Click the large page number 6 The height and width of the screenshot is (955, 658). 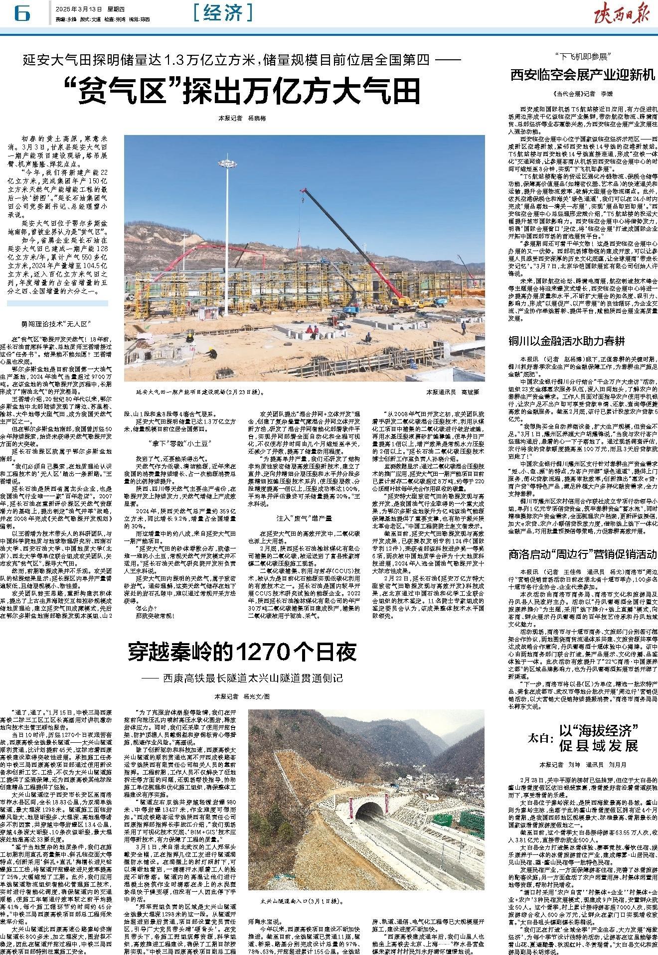click(x=22, y=13)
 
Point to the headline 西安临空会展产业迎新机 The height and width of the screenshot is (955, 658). click(x=582, y=75)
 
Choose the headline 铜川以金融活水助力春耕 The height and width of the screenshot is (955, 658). click(x=566, y=341)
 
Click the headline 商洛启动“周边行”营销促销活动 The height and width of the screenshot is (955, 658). click(x=582, y=553)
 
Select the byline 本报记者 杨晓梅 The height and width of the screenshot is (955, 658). click(x=242, y=119)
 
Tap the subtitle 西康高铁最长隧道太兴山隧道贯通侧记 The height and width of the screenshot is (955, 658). click(x=252, y=679)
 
